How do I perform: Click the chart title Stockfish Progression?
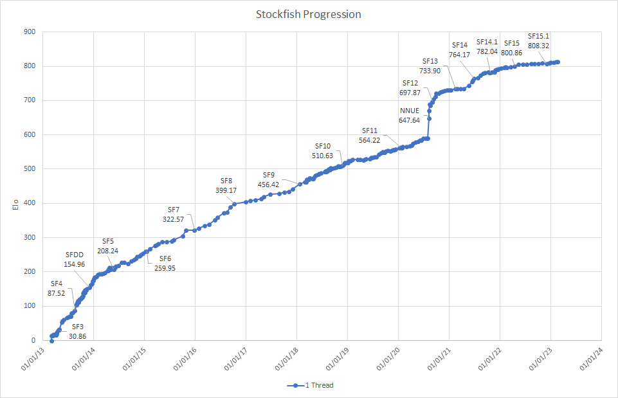click(x=309, y=14)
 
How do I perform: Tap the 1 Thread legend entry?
click(x=311, y=385)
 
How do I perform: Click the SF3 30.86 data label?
click(x=77, y=331)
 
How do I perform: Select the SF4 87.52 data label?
click(x=56, y=287)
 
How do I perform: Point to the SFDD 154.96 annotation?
click(x=74, y=259)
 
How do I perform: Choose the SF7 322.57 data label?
click(x=174, y=215)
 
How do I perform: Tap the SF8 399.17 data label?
click(x=226, y=185)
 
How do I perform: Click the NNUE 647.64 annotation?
click(x=409, y=115)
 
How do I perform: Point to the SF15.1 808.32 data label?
click(x=538, y=41)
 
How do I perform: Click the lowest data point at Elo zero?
click(x=51, y=340)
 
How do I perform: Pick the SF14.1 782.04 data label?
click(x=487, y=46)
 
